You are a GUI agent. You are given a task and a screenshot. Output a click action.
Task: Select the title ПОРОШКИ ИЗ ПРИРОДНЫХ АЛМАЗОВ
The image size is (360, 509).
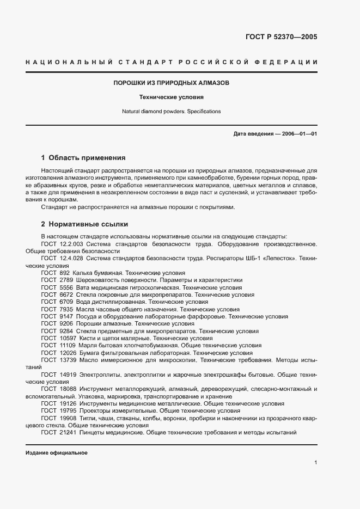tap(172, 83)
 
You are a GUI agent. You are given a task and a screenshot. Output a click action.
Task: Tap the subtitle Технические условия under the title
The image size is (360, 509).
tap(172, 98)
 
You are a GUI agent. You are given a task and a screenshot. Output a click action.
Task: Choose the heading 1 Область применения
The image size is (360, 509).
tap(83, 158)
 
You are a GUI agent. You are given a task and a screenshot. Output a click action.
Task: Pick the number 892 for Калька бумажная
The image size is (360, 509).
tap(64, 273)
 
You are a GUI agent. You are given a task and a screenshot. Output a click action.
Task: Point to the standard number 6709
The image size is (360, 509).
tap(65, 301)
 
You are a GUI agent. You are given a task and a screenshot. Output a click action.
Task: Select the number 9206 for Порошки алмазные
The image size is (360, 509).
tap(65, 323)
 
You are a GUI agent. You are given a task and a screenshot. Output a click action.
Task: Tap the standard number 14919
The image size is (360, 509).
tap(68, 375)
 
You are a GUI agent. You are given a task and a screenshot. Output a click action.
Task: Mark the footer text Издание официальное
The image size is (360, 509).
tap(56, 453)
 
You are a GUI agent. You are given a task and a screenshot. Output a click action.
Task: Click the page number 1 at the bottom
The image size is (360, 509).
tap(315, 463)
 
